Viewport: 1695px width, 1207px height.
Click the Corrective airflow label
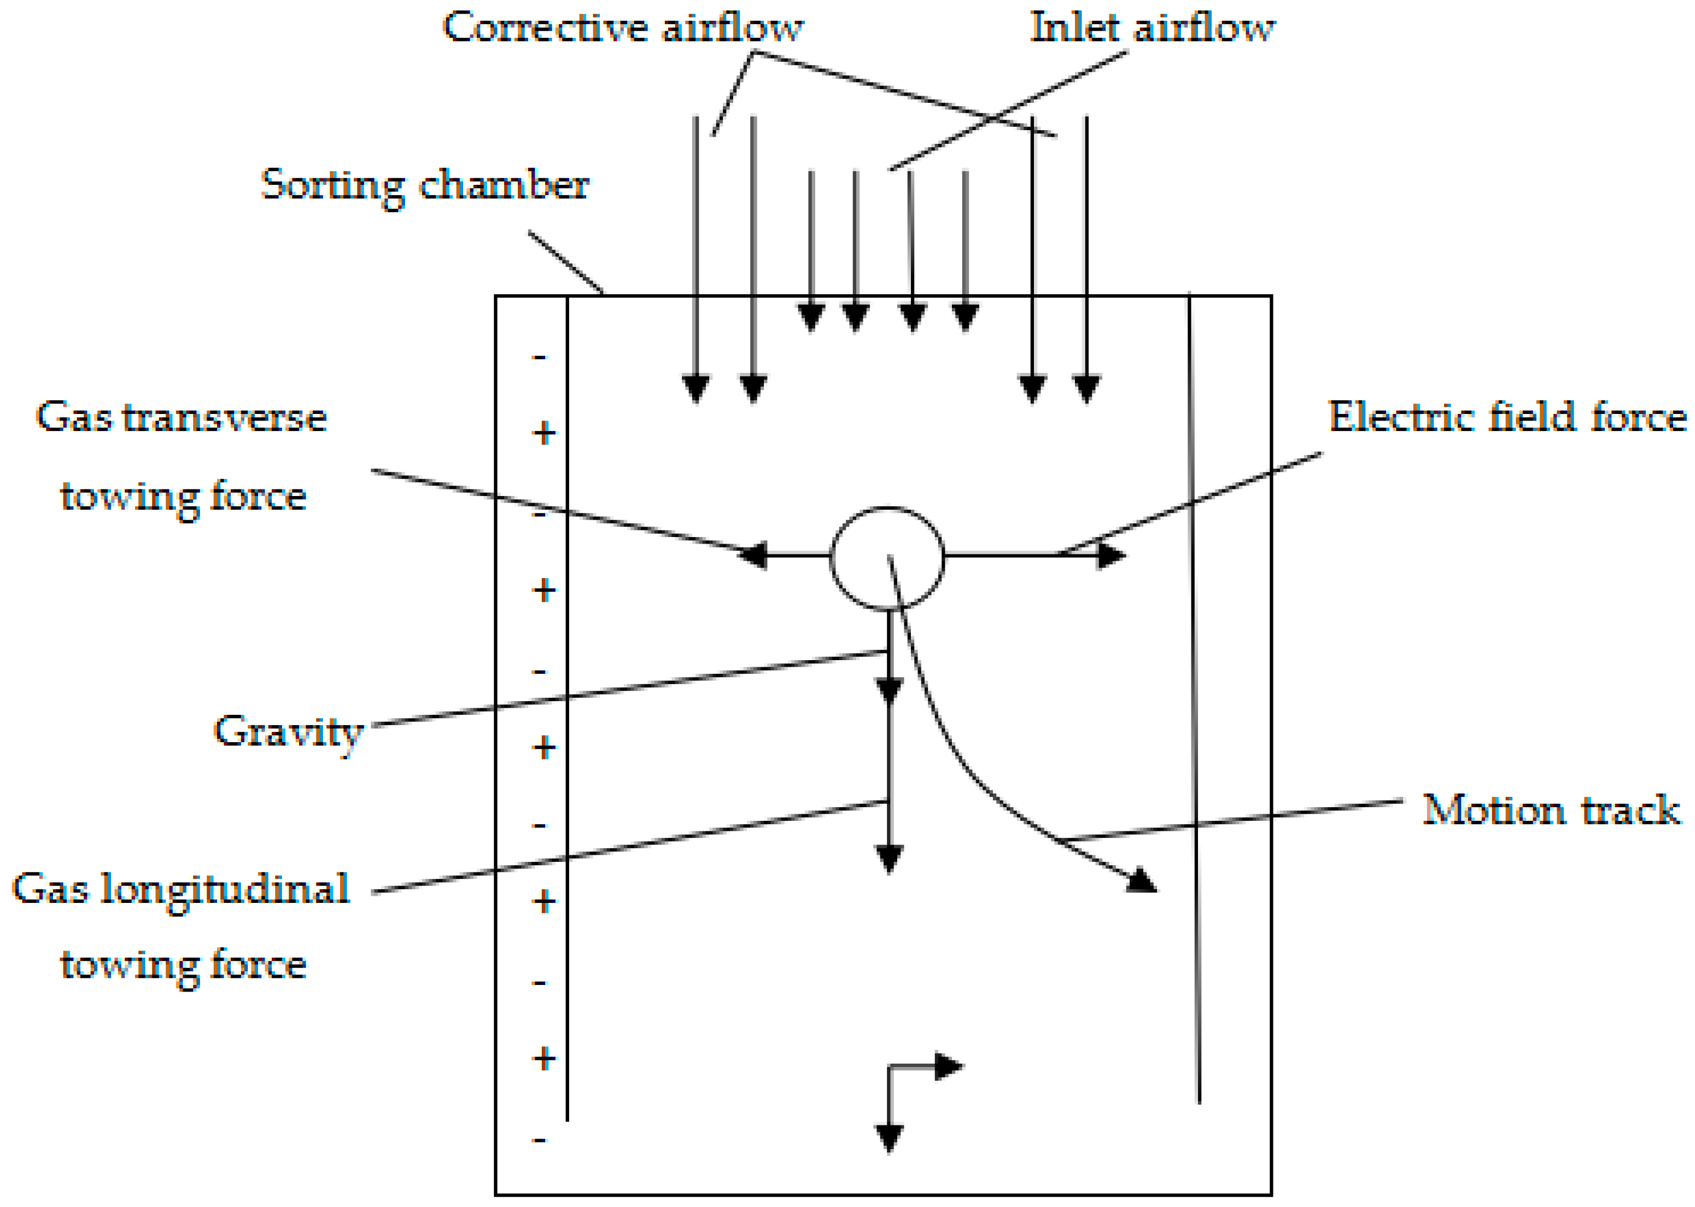click(x=623, y=28)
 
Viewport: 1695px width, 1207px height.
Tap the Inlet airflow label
click(x=1152, y=28)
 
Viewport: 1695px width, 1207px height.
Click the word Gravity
click(x=288, y=732)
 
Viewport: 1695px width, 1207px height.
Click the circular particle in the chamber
click(x=886, y=558)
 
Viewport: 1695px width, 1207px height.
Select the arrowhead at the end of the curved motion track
click(x=1143, y=882)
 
